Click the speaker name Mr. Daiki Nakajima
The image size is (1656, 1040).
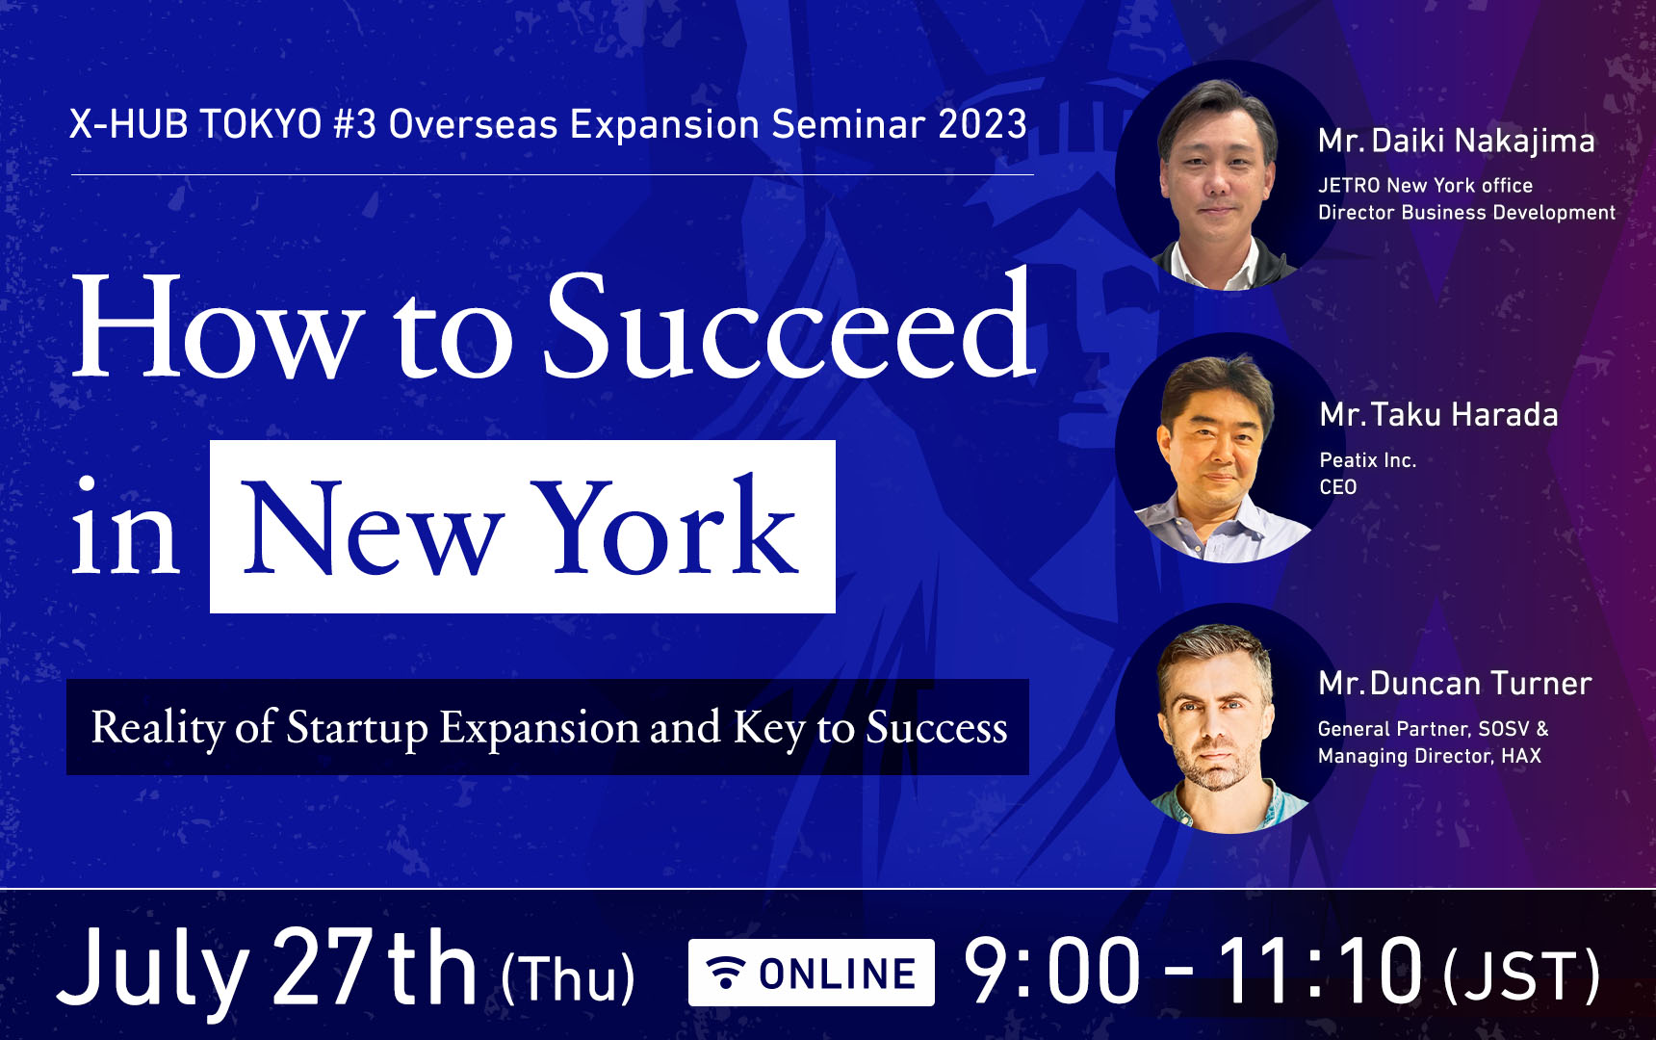[1456, 142]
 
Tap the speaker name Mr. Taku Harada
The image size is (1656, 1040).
[1438, 415]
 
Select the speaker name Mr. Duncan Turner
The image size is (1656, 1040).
[1455, 684]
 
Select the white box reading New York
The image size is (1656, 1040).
[523, 527]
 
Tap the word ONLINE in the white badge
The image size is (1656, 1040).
[838, 975]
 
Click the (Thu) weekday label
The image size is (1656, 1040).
[568, 978]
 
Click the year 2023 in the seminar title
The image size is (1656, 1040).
[983, 125]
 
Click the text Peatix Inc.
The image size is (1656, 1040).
[1368, 460]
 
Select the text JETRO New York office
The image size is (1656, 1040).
[1425, 185]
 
